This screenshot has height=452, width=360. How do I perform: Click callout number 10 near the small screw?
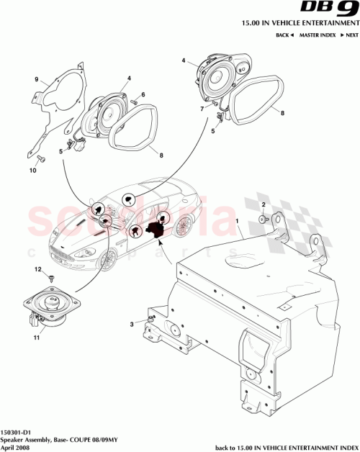(32, 171)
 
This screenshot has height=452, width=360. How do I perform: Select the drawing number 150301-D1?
(16, 425)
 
